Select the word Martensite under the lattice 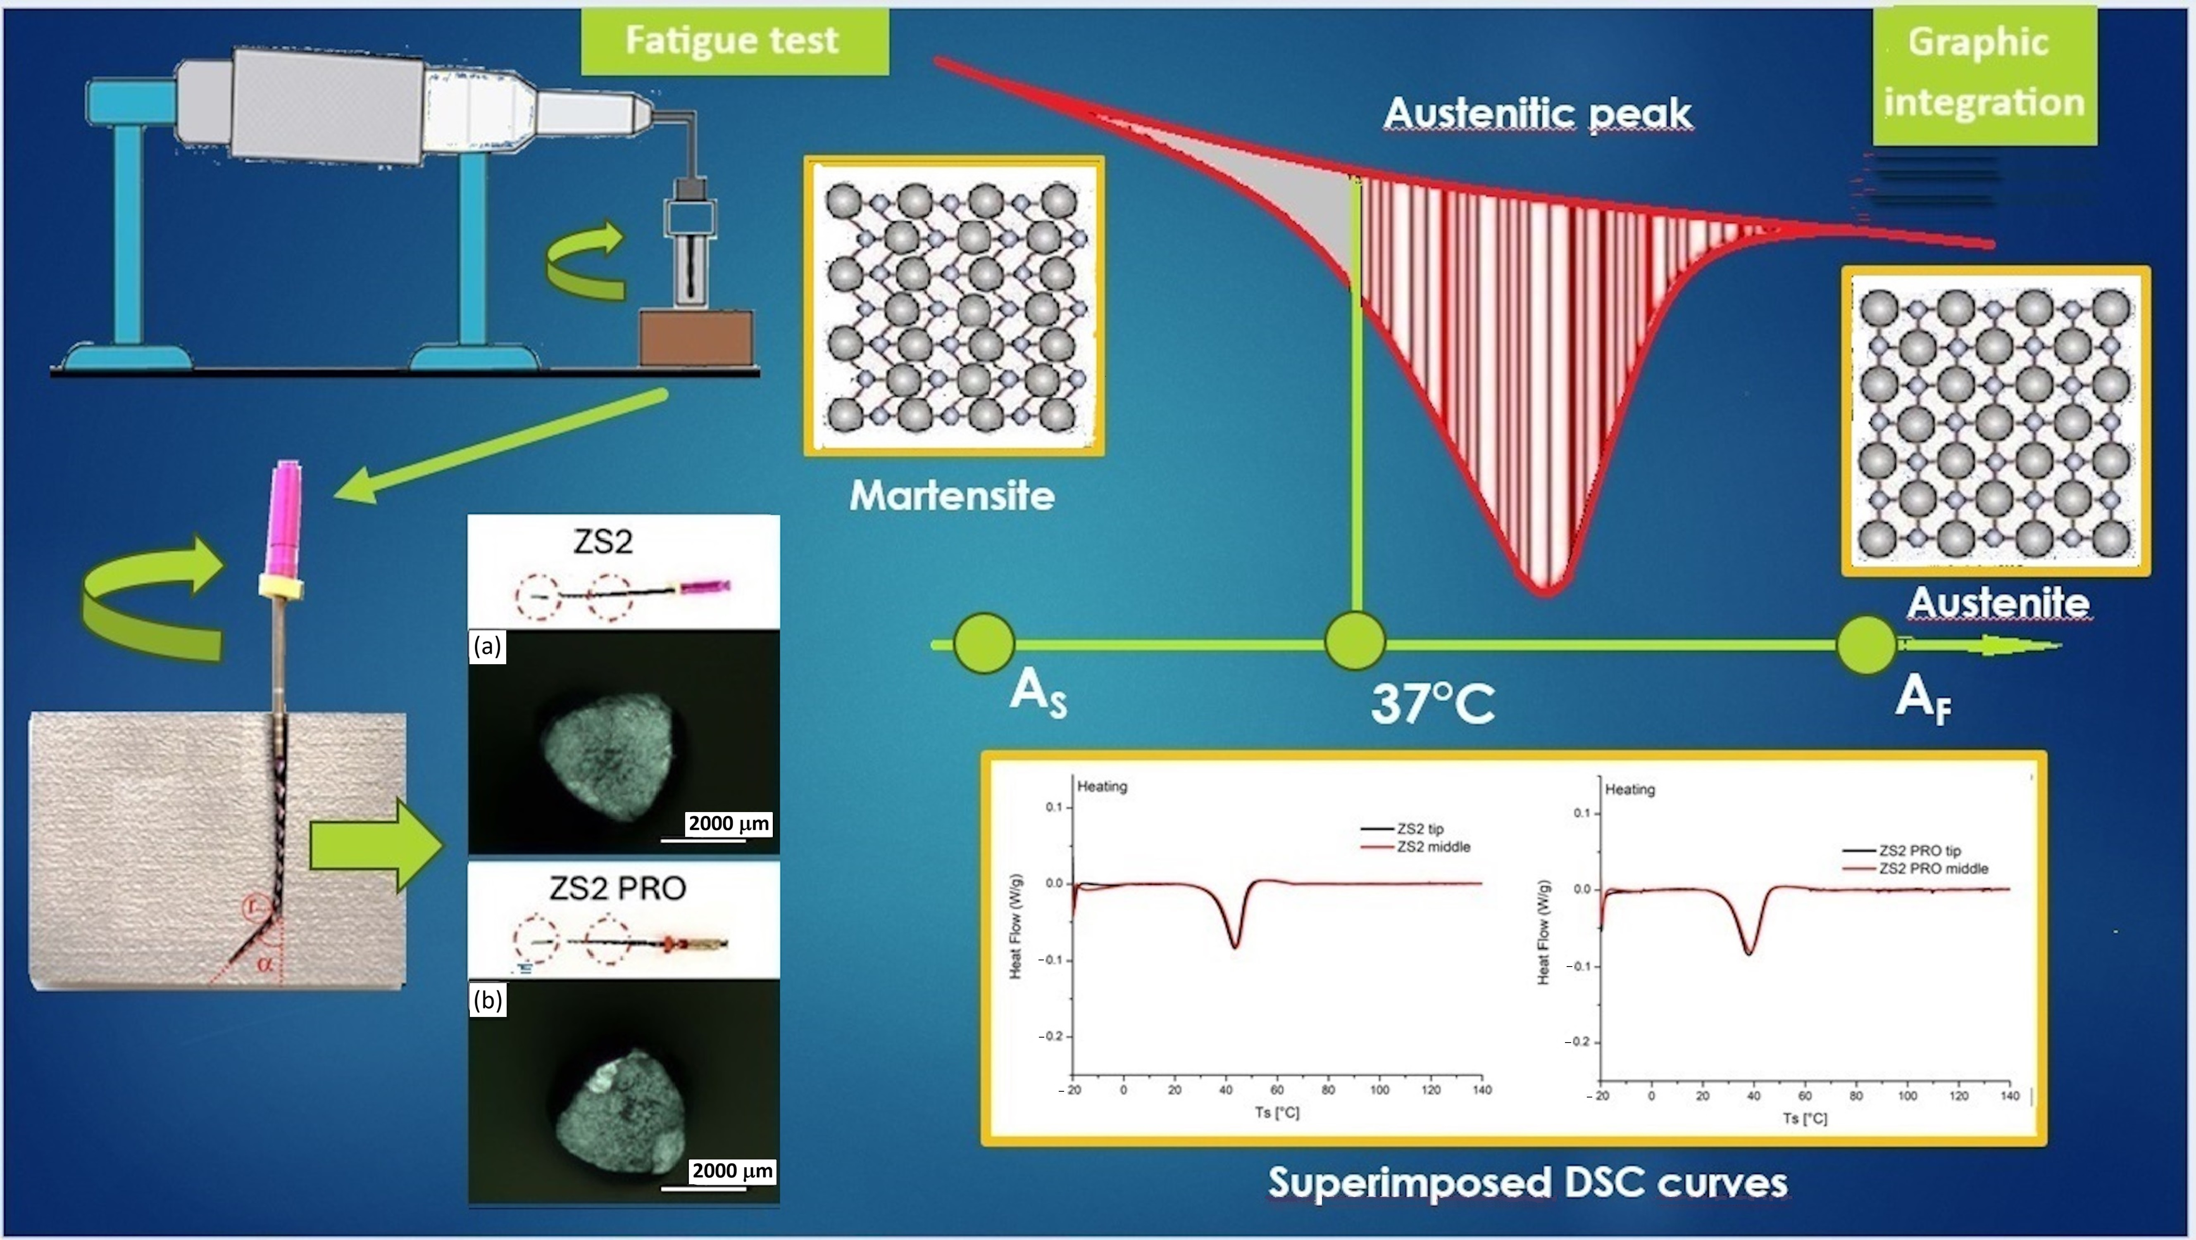click(952, 495)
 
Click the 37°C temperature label click(1432, 704)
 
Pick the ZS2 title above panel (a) click(603, 541)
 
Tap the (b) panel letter click(488, 999)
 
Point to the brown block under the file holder click(697, 337)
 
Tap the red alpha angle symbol click(265, 965)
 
